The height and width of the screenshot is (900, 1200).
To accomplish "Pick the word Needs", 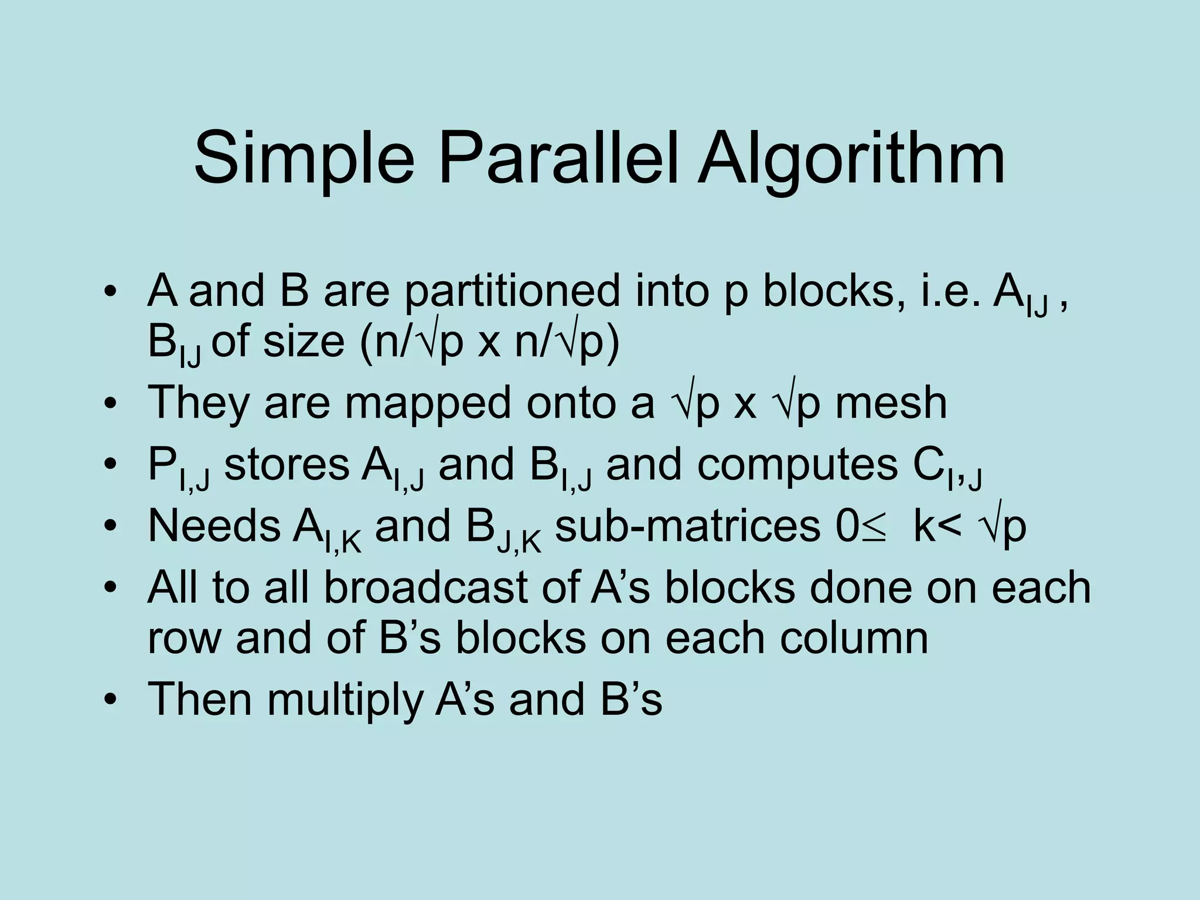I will pyautogui.click(x=214, y=526).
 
